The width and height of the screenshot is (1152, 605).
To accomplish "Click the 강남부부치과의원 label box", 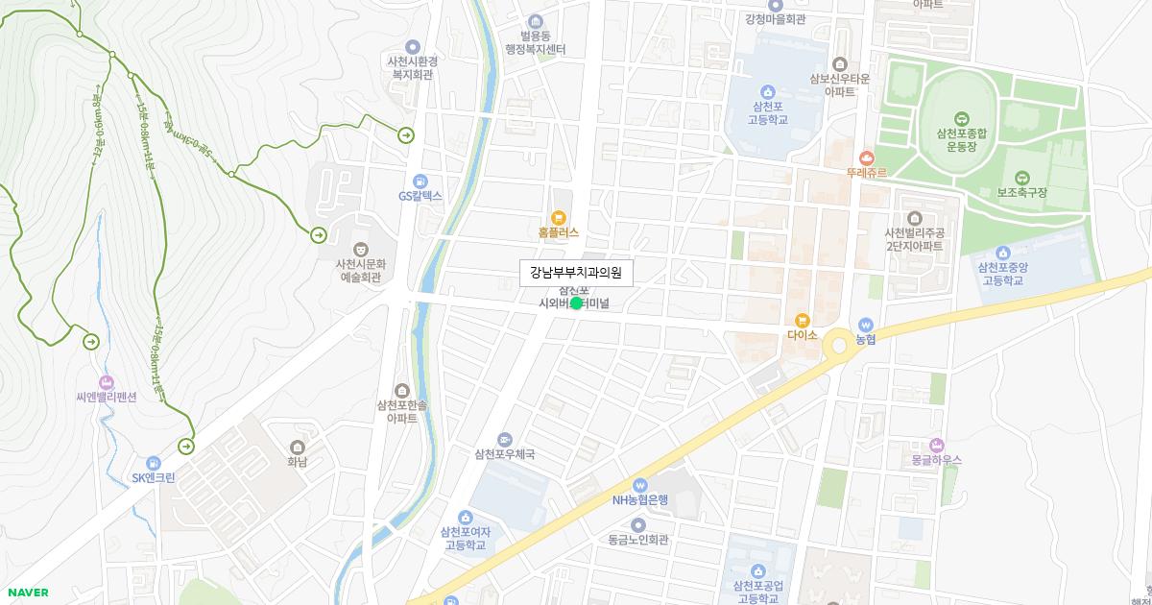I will point(576,274).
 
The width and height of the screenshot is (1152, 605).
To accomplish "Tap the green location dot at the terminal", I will point(576,303).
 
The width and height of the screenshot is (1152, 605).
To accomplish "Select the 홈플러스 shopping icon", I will point(559,217).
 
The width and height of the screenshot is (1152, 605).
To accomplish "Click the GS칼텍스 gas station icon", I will point(420,181).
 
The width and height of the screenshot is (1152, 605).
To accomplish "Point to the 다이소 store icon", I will point(802,320).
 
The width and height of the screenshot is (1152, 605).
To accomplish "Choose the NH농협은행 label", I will point(640,499).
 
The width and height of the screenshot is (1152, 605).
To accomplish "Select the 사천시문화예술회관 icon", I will point(360,249).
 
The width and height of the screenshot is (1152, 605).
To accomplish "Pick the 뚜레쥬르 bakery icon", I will point(867,157).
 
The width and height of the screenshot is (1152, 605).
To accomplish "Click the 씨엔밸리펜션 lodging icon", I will point(107,382).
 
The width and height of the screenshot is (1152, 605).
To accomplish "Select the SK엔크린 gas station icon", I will point(154,463).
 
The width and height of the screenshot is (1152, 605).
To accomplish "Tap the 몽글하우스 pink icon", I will point(937,445).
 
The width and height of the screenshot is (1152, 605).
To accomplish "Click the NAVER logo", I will point(28,593).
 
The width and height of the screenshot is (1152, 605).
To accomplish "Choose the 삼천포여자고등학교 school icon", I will point(466,518).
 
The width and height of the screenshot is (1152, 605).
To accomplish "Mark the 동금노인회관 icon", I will point(638,524).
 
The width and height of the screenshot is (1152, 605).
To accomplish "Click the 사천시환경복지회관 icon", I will point(413,46).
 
